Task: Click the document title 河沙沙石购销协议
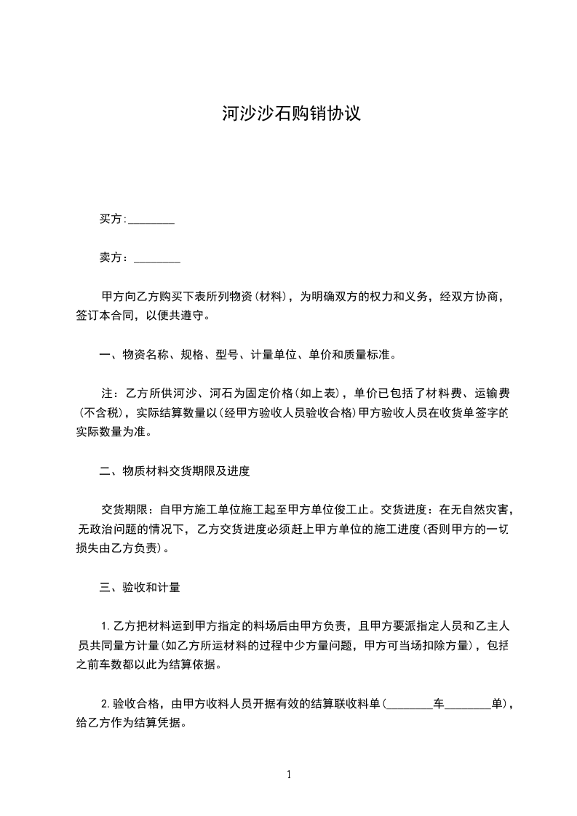point(291,114)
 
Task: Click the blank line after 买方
point(151,220)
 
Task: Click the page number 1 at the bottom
point(289,775)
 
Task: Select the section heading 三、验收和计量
point(140,586)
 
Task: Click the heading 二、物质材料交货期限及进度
point(175,471)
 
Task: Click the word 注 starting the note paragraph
point(106,394)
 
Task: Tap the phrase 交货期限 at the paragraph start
point(124,510)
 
